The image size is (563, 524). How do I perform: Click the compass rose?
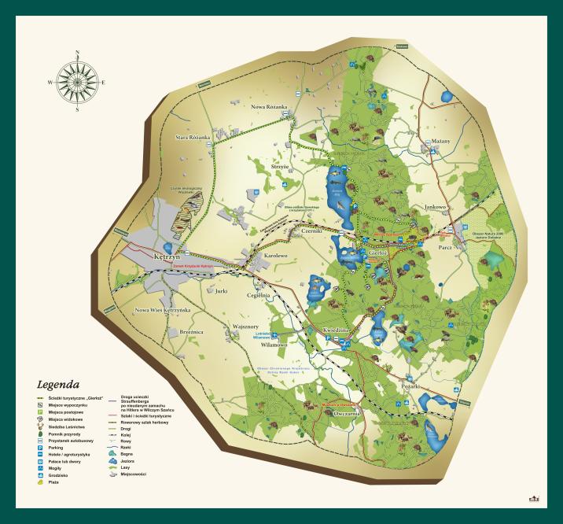77,81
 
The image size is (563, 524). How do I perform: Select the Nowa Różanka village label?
269,106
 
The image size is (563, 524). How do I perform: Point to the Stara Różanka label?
193,137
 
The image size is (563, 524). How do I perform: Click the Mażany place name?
440,141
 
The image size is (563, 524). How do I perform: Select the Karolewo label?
275,256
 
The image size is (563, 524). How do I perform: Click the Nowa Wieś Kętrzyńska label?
163,310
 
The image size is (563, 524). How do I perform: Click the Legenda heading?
58,386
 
